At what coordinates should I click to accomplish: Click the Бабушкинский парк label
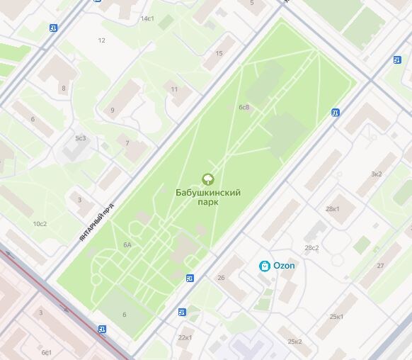(x=208, y=197)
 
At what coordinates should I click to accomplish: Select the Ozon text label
(x=285, y=266)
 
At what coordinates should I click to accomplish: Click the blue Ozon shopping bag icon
(x=264, y=266)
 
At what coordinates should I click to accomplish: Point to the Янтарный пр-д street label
(x=96, y=224)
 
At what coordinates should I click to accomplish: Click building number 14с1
(x=147, y=18)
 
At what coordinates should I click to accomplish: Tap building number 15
(x=219, y=54)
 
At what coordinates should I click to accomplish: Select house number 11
(x=173, y=89)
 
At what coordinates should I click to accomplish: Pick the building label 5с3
(x=80, y=138)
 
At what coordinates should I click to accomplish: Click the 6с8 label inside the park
(x=244, y=108)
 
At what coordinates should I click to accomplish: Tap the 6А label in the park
(x=127, y=244)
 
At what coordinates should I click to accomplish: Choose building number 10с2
(x=40, y=224)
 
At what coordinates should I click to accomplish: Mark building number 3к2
(x=377, y=174)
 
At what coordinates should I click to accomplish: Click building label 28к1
(x=332, y=209)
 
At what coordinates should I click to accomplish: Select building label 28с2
(x=311, y=248)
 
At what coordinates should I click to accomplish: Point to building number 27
(x=380, y=266)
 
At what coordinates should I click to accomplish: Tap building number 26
(x=221, y=278)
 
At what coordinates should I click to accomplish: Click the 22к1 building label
(x=185, y=337)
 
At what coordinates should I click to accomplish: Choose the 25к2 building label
(x=294, y=342)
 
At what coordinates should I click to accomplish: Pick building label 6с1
(x=46, y=352)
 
